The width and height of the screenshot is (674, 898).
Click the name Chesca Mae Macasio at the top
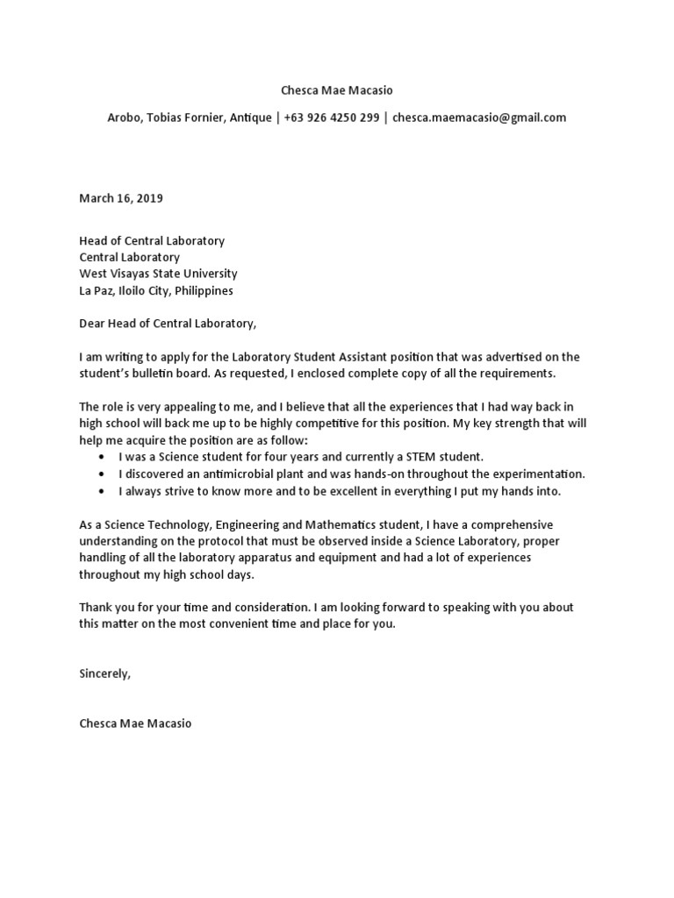pyautogui.click(x=337, y=89)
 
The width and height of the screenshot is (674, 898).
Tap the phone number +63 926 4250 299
pyautogui.click(x=333, y=118)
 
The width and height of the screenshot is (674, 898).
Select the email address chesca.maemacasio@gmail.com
pyautogui.click(x=479, y=118)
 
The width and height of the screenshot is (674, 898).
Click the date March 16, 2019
pyautogui.click(x=121, y=198)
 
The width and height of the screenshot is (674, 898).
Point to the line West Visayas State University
pyautogui.click(x=158, y=274)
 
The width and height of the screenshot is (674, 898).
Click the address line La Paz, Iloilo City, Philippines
pyautogui.click(x=156, y=290)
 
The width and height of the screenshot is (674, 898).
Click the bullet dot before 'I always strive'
pyautogui.click(x=104, y=491)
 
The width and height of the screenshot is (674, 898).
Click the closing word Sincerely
pyautogui.click(x=104, y=674)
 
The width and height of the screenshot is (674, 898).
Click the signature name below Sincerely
pyautogui.click(x=134, y=724)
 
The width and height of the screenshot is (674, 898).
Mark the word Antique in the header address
pyautogui.click(x=251, y=118)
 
